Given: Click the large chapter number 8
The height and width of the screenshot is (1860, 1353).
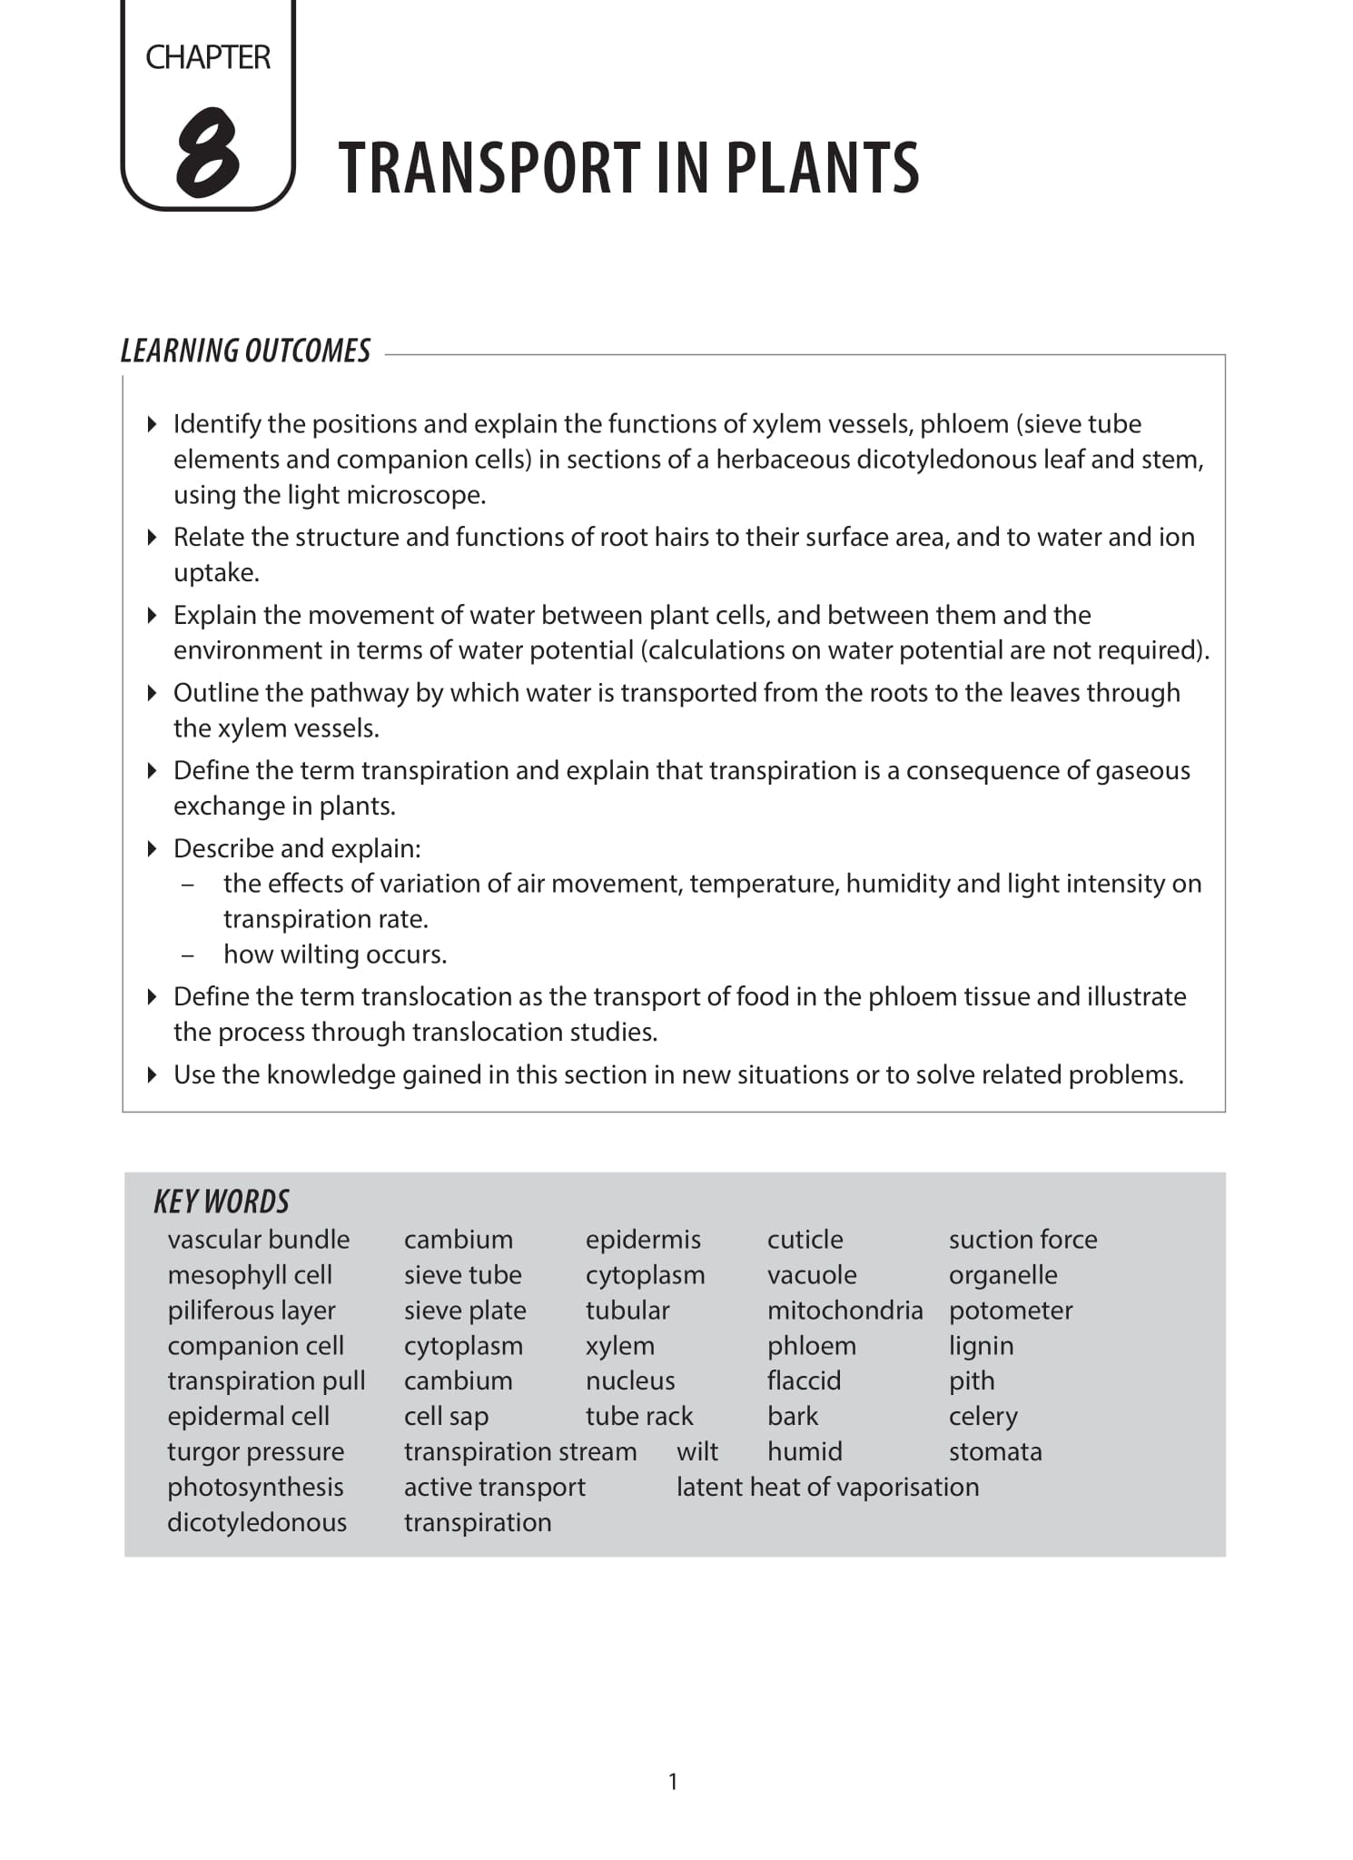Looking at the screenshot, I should coord(208,153).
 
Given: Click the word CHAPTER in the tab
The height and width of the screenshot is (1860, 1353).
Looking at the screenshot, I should coord(208,57).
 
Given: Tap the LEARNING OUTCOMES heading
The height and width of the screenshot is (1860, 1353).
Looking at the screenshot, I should coord(246,351).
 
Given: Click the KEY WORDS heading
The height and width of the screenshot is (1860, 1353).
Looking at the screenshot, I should coord(222,1202).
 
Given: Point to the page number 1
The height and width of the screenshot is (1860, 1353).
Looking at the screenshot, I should coord(673,1781).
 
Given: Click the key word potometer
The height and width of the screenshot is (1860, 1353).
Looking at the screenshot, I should coord(1011,1310).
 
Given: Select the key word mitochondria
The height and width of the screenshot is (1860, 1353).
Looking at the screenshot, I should coord(844,1310).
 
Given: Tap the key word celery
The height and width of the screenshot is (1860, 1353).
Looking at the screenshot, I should coord(983,1416).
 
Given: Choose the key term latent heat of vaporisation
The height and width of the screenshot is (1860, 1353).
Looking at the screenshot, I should coord(827,1487).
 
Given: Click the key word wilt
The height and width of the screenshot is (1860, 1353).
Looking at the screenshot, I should coord(697,1451).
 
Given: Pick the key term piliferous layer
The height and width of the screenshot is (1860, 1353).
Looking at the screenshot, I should coord(252,1310).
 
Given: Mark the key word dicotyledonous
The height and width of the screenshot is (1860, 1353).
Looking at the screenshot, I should coord(257,1522).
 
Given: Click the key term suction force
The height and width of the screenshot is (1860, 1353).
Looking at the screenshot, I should coord(1022,1239).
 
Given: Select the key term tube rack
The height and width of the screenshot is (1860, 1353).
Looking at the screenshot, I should coord(639,1416).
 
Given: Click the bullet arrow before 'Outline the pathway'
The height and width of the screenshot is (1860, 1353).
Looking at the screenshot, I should coord(153,693).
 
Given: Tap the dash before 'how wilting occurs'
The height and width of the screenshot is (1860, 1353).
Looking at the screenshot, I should coord(188,955).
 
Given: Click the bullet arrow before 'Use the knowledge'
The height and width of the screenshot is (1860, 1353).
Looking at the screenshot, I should coord(153,1074).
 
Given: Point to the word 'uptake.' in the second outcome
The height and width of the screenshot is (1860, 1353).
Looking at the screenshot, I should coord(216,573).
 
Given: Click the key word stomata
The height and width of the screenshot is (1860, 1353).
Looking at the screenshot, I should coord(995,1451).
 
